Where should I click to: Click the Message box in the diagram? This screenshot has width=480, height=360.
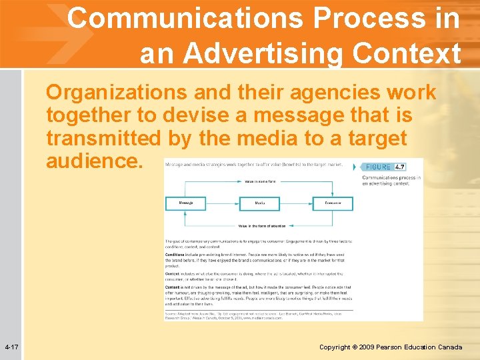[186, 202]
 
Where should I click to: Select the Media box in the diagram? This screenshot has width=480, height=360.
[259, 202]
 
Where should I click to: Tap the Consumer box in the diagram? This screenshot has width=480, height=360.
[333, 202]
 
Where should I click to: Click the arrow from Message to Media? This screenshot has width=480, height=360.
[223, 202]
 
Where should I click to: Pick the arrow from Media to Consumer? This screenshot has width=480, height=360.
[296, 202]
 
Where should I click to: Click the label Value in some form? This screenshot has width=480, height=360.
[260, 181]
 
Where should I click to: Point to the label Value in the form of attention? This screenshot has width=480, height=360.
[260, 227]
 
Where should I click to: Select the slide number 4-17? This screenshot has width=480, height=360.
[11, 347]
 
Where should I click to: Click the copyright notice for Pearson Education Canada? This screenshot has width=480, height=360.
[390, 347]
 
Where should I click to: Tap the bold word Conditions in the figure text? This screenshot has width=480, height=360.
[176, 253]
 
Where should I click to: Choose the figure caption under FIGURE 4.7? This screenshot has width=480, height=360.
[391, 180]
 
